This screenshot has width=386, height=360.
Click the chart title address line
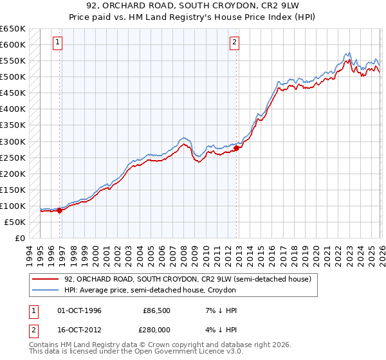coord(192,7)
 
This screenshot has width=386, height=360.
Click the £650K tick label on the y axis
coord(13,29)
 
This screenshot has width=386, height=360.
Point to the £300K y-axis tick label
coord(13,141)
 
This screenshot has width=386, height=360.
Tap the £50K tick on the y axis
coord(15,222)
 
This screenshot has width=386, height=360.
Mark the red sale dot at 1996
coord(59,210)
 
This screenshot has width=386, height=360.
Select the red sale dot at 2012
coord(236,148)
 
